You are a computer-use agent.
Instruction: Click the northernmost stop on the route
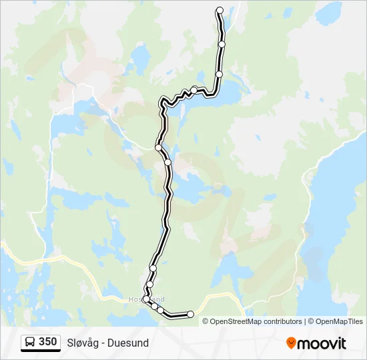(220, 10)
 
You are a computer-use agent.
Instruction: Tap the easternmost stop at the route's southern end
(190, 314)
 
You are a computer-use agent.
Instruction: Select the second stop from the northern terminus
(222, 44)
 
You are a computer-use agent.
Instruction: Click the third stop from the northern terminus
(219, 74)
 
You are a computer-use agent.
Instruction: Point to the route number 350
(47, 342)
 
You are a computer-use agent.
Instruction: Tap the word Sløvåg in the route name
(83, 343)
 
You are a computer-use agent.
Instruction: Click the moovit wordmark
(322, 343)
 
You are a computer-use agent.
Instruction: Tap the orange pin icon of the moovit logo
(291, 343)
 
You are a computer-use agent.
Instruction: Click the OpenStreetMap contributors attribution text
(256, 321)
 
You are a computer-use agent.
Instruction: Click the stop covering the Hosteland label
(146, 299)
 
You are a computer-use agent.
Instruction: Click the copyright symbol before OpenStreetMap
(206, 321)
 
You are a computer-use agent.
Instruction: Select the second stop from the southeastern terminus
(161, 311)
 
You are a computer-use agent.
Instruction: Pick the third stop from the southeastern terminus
(155, 307)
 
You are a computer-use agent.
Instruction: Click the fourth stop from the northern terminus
(194, 89)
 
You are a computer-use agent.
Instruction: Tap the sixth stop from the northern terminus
(167, 162)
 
